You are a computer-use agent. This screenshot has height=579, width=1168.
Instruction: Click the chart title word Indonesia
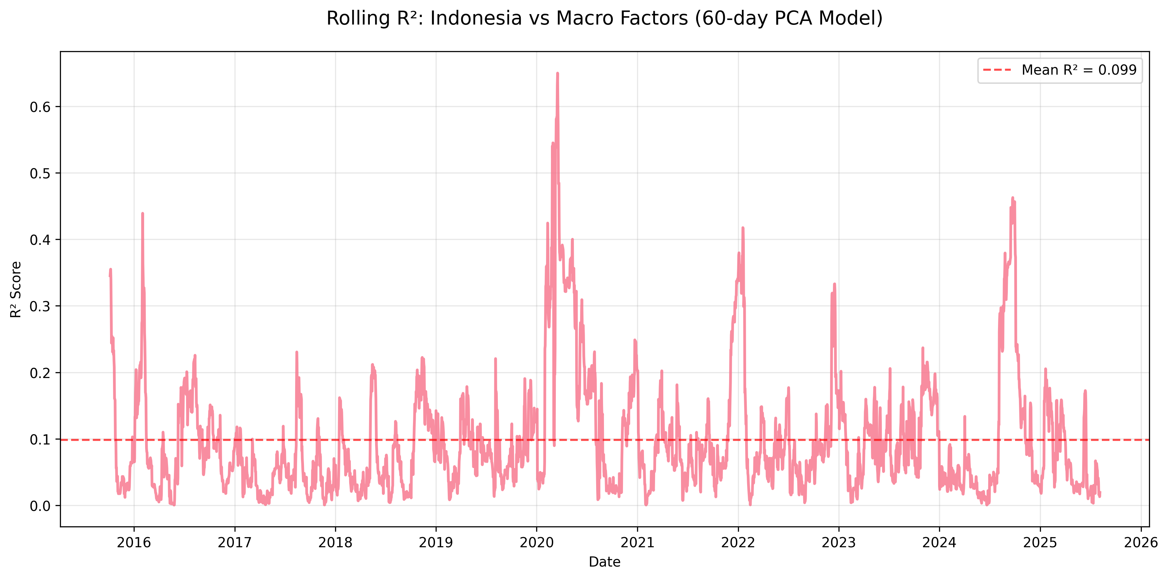pos(476,19)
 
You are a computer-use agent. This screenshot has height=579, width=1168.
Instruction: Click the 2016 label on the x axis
pos(134,542)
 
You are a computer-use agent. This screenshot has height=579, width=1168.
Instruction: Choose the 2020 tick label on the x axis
pos(537,542)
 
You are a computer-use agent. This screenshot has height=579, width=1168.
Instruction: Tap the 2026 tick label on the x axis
pos(1141,542)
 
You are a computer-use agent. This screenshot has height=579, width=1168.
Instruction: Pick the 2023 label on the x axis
pos(839,542)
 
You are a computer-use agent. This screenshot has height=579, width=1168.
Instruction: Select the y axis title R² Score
pos(16,289)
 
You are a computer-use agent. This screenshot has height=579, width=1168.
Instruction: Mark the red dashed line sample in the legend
pos(997,70)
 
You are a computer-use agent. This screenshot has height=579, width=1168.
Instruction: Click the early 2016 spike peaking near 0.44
pos(142,213)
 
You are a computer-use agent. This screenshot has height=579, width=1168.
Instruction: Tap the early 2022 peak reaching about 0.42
pos(743,227)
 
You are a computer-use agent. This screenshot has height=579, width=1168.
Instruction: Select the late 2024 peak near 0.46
pos(1012,198)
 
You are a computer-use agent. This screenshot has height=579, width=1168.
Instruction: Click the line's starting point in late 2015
pos(110,276)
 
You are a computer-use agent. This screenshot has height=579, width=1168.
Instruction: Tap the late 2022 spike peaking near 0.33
pos(834,284)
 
